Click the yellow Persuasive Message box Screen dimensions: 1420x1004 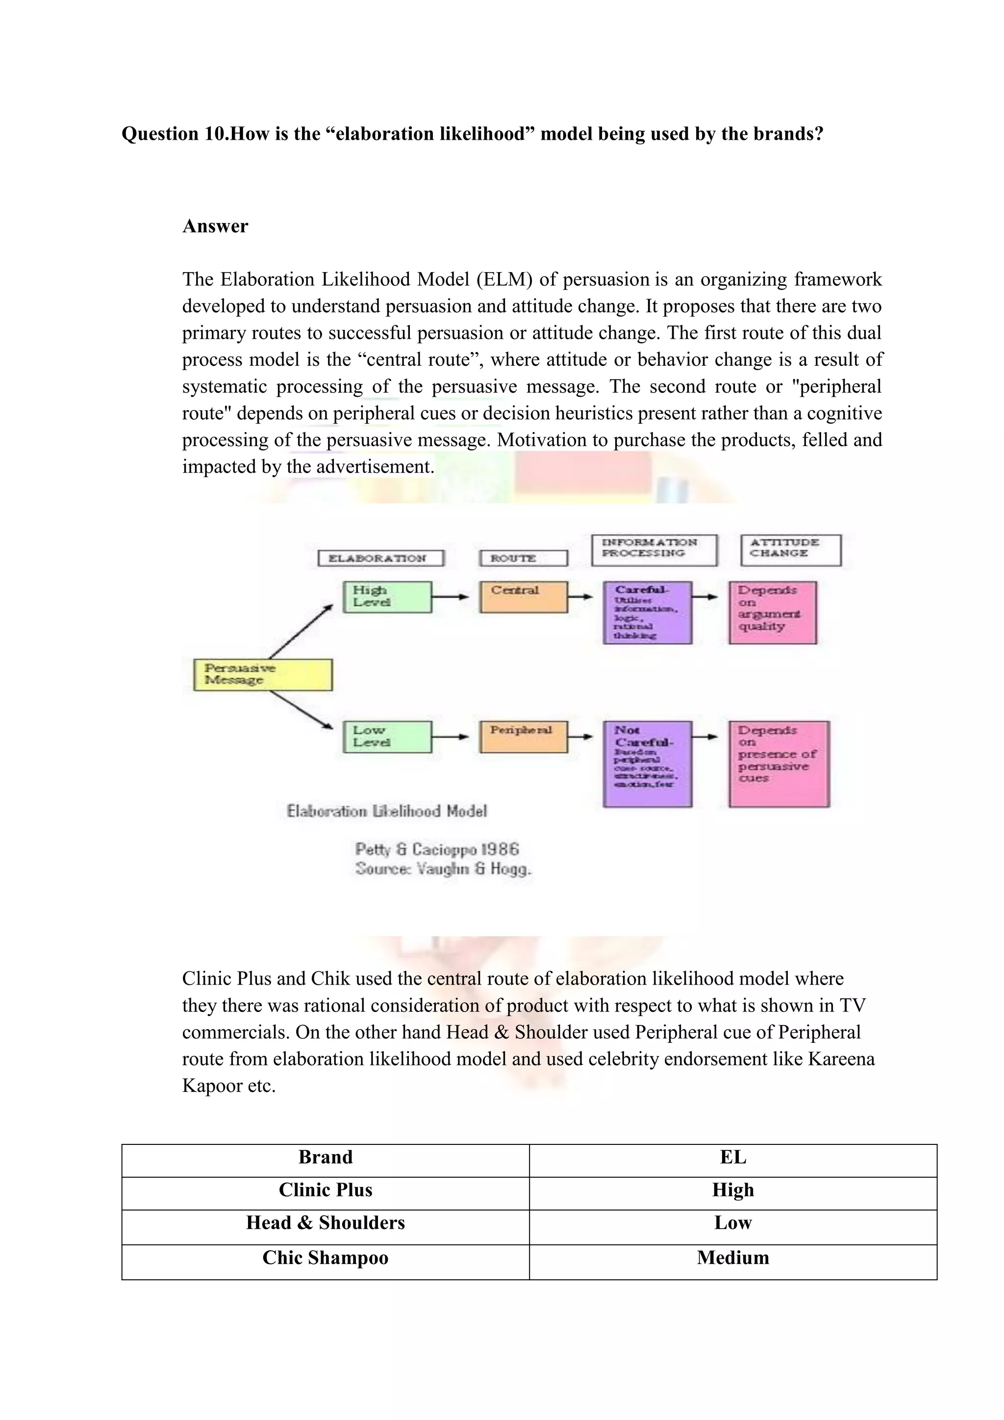(x=263, y=674)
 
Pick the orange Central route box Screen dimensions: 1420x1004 (x=523, y=597)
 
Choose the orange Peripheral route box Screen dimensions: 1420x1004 (x=523, y=736)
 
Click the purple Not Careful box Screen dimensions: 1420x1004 (x=647, y=764)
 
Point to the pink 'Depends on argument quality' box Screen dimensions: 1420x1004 (x=773, y=612)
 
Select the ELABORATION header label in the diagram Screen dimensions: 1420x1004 (x=381, y=558)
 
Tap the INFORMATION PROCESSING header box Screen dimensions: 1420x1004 (x=654, y=550)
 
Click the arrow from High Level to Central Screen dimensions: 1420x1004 (x=450, y=597)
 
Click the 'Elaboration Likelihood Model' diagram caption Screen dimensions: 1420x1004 (x=387, y=811)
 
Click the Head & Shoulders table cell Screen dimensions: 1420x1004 (x=325, y=1223)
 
